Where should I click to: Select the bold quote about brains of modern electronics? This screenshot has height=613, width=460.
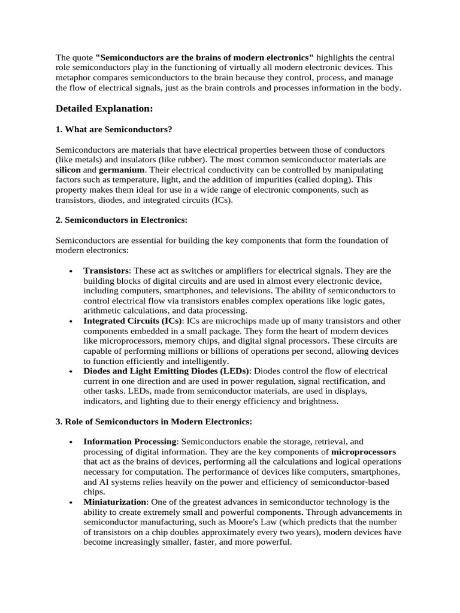pyautogui.click(x=204, y=57)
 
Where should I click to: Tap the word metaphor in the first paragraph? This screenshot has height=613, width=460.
pyautogui.click(x=75, y=78)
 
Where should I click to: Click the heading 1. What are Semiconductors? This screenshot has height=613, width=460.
pyautogui.click(x=118, y=129)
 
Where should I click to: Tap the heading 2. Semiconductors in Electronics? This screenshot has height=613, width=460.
pyautogui.click(x=122, y=220)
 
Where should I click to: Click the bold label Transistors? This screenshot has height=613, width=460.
pyautogui.click(x=106, y=271)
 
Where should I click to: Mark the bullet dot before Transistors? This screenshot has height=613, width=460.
pyautogui.click(x=71, y=272)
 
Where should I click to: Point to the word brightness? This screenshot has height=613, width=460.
pyautogui.click(x=319, y=402)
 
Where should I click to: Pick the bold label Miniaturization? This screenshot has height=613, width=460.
pyautogui.click(x=114, y=502)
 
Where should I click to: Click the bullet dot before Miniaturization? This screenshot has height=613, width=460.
pyautogui.click(x=71, y=503)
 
